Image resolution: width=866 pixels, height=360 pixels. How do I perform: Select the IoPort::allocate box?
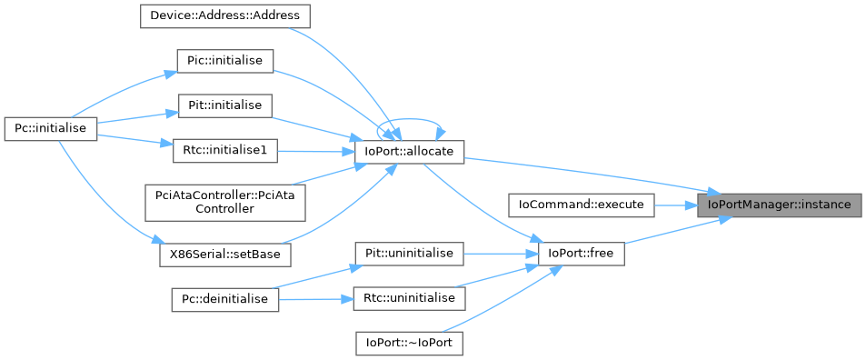point(409,152)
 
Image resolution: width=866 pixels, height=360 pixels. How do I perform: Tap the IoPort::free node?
point(581,254)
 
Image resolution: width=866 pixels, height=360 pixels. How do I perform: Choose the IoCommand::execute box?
point(581,205)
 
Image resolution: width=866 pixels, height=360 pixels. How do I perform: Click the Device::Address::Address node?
point(224,16)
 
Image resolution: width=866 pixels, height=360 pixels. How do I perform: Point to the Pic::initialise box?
point(224,61)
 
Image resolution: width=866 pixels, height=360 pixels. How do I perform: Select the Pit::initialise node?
point(224,105)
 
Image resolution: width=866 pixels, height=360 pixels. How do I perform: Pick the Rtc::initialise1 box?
point(224,151)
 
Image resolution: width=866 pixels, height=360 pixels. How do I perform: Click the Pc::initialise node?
point(51,129)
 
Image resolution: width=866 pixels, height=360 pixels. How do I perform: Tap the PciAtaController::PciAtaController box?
point(224,201)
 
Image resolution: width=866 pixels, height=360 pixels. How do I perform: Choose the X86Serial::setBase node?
point(224,255)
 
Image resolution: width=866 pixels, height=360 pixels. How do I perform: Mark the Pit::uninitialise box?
point(409,254)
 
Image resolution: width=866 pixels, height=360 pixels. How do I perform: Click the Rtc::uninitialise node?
point(409,298)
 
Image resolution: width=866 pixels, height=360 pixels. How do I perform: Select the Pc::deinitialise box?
point(224,299)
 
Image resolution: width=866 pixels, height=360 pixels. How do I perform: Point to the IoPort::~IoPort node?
point(409,343)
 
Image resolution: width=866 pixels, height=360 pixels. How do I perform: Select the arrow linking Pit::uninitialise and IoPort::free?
point(501,254)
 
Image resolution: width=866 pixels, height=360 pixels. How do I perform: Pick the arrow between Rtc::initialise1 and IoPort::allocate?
point(315,151)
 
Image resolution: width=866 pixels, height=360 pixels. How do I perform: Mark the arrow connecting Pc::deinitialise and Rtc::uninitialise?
point(316,299)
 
